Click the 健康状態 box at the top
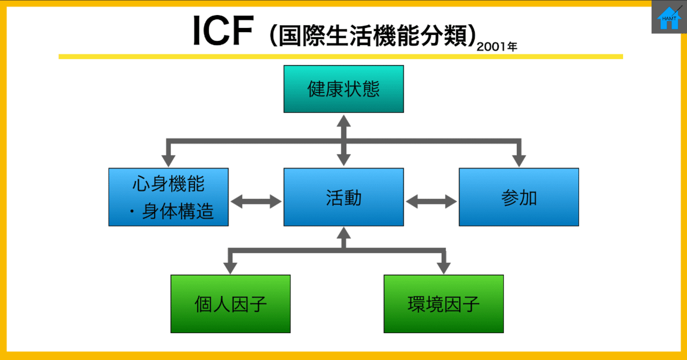pyautogui.click(x=343, y=89)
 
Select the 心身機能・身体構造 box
pyautogui.click(x=169, y=197)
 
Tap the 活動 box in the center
pyautogui.click(x=343, y=197)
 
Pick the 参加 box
pyautogui.click(x=518, y=197)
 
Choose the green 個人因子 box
pyautogui.click(x=230, y=304)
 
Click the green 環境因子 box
pyautogui.click(x=443, y=304)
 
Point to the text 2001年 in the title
pyautogui.click(x=497, y=47)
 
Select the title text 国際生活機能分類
pyautogui.click(x=370, y=35)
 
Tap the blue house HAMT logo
pyautogui.click(x=669, y=18)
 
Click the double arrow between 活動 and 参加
pyautogui.click(x=431, y=202)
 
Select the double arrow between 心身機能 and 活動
pyautogui.click(x=256, y=202)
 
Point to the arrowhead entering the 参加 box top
pyautogui.click(x=518, y=160)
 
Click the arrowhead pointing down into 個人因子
pyautogui.click(x=230, y=267)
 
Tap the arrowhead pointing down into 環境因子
pyautogui.click(x=443, y=267)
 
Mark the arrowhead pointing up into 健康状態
pyautogui.click(x=343, y=120)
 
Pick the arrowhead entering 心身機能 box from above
pyautogui.click(x=169, y=160)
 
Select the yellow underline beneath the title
pyautogui.click(x=340, y=56)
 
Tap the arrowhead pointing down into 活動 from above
pyautogui.click(x=343, y=160)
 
